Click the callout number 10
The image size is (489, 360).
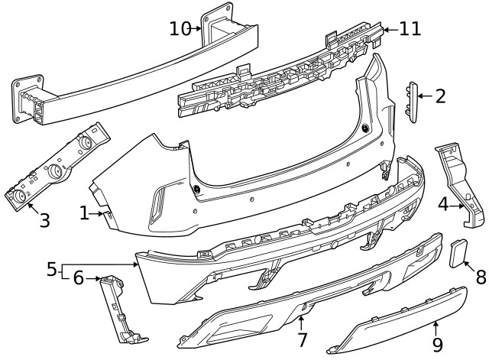pos(180,29)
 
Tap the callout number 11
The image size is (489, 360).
pos(410,29)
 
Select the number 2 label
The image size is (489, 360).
pos(440,96)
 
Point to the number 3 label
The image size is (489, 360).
pos(44,222)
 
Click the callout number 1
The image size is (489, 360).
pos(85,213)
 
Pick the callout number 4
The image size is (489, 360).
pos(443,204)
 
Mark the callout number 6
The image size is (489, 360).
pos(78,279)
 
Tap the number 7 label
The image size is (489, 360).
pos(302,338)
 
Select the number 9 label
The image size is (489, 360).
pos(438,345)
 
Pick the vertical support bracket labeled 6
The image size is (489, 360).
pos(121,310)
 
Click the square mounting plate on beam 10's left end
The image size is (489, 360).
pos(25,97)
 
